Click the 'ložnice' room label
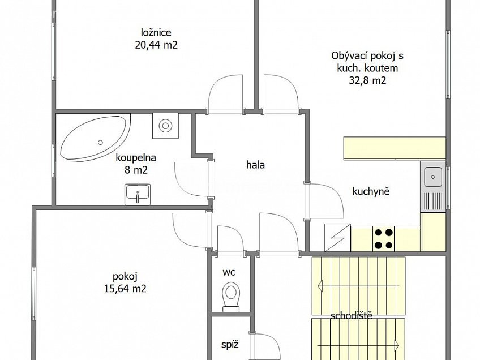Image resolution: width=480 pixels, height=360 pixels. (x=156, y=32)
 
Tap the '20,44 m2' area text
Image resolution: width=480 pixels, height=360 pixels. (x=156, y=45)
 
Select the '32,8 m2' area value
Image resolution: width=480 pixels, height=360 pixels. (x=367, y=80)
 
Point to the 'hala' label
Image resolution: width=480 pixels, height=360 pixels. (x=255, y=165)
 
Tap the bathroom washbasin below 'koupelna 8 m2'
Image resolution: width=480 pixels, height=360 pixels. (x=137, y=194)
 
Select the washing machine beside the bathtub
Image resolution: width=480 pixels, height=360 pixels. (x=166, y=125)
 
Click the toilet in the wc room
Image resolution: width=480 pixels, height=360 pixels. (x=230, y=296)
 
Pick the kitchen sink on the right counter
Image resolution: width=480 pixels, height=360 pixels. (x=434, y=177)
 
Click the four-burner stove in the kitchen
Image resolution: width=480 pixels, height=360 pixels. (x=383, y=238)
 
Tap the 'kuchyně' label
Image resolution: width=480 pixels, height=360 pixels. (x=371, y=191)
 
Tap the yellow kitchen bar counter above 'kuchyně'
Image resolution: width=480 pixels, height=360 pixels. (x=395, y=148)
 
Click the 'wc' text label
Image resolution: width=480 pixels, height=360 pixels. (x=229, y=272)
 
